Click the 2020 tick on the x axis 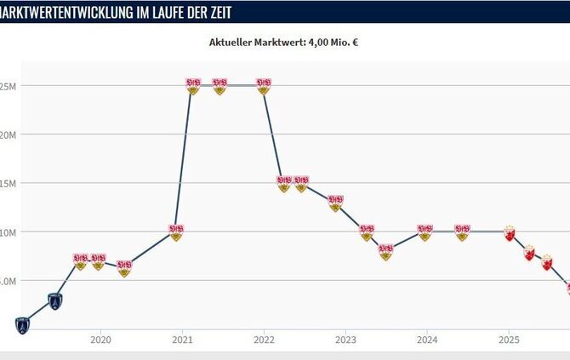coord(100,339)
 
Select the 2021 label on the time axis coord(181,339)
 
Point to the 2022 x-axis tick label coord(263,339)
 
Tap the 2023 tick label coord(345,339)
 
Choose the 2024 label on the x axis coord(427,339)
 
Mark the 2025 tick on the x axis coord(509,339)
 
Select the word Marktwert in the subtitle coord(281,42)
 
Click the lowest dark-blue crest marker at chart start coord(22,324)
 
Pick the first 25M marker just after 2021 coord(193,86)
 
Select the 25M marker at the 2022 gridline coord(264,86)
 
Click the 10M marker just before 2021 coord(176,231)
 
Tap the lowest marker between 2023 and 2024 coord(385,251)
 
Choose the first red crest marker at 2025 coord(510,232)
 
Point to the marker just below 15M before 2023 coord(335,203)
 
